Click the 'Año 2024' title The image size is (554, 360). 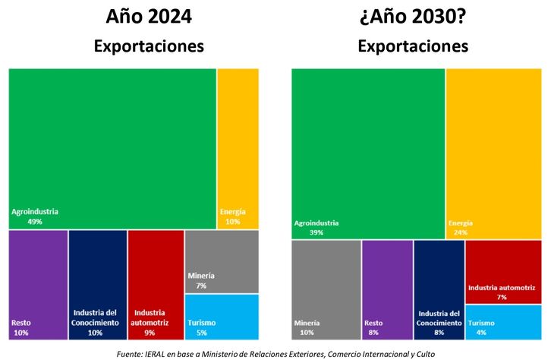[149, 16]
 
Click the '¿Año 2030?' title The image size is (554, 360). [413, 16]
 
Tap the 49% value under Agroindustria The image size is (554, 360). [35, 222]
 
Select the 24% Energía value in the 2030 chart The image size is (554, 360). [461, 232]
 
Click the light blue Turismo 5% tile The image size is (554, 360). [222, 317]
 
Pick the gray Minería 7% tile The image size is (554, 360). [222, 262]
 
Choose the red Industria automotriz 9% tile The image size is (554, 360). [156, 285]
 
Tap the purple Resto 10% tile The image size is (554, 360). [38, 285]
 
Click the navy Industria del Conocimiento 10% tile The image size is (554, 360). [98, 285]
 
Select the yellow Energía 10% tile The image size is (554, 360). [238, 149]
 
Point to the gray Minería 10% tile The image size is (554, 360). [326, 290]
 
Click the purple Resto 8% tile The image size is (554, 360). [388, 290]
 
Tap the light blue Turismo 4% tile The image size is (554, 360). [503, 323]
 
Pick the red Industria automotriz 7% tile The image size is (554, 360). [503, 272]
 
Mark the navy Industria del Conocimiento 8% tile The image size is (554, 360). [439, 290]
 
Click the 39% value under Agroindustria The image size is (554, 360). [316, 232]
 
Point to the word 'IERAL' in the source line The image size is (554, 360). [155, 354]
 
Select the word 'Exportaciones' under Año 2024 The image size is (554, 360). [149, 46]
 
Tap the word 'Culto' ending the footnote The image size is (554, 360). [426, 354]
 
